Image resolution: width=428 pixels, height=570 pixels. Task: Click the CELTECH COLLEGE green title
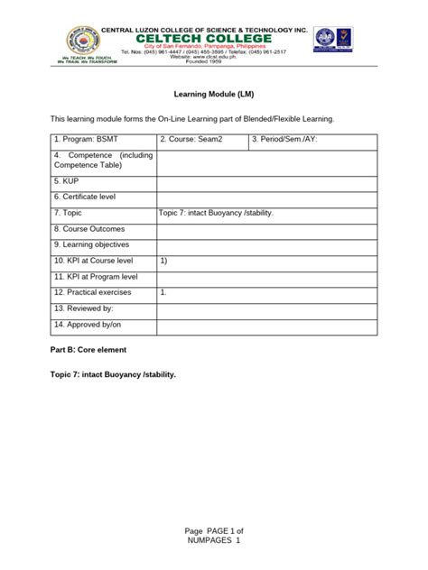[209, 39]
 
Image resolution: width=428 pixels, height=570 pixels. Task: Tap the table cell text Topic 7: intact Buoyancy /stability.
[215, 213]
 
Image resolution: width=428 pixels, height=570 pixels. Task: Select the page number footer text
[213, 538]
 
